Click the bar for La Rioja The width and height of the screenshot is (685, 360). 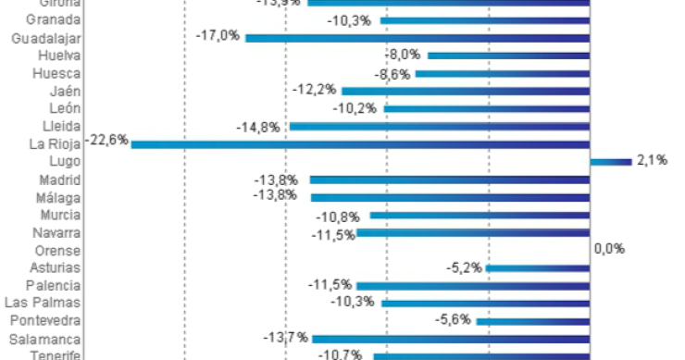click(361, 144)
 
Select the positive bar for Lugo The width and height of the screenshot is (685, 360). click(611, 162)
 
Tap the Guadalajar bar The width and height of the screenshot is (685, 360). click(417, 38)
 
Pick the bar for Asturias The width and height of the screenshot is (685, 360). click(538, 268)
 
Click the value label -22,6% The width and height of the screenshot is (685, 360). click(106, 142)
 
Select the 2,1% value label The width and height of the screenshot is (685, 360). click(647, 161)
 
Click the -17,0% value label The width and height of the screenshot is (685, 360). click(218, 36)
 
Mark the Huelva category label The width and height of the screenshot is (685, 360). click(59, 56)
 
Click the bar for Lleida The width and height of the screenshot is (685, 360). click(440, 127)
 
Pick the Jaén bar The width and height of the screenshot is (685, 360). click(466, 92)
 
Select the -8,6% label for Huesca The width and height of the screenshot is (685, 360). click(392, 73)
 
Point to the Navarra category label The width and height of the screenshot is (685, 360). click(56, 232)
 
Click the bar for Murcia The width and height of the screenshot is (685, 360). click(479, 215)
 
